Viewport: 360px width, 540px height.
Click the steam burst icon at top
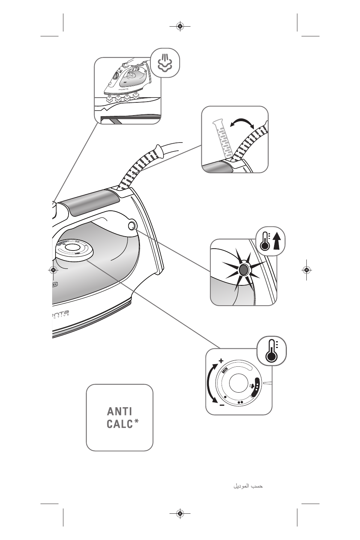pyautogui.click(x=165, y=63)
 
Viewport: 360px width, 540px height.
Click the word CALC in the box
pyautogui.click(x=120, y=424)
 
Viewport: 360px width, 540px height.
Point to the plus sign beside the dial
pyautogui.click(x=221, y=360)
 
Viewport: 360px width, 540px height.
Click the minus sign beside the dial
pyautogui.click(x=222, y=405)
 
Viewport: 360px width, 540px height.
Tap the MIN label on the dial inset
pyautogui.click(x=225, y=370)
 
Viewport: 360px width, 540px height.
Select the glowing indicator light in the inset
pyautogui.click(x=243, y=269)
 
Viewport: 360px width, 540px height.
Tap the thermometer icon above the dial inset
pyautogui.click(x=271, y=351)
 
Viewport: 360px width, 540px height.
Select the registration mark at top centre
pyautogui.click(x=180, y=26)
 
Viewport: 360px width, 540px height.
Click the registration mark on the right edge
pyautogui.click(x=307, y=269)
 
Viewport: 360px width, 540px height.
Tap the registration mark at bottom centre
pyautogui.click(x=180, y=514)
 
